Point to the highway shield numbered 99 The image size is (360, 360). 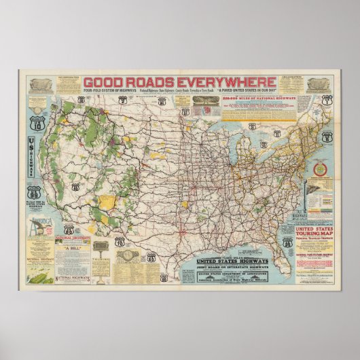pos(35,191)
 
